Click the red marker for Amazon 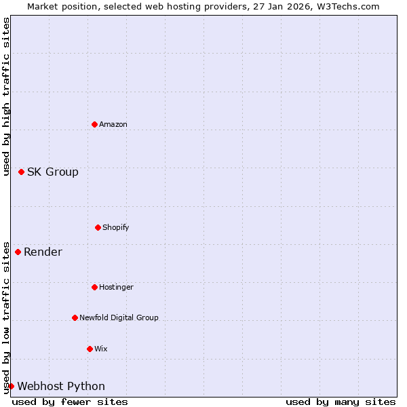(x=94, y=124)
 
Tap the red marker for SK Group (x=21, y=172)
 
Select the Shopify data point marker (x=98, y=227)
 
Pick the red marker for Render (x=18, y=252)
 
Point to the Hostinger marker (x=94, y=287)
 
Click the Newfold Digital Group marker (x=75, y=317)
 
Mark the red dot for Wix (x=90, y=349)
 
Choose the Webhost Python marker (x=11, y=386)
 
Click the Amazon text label (x=113, y=124)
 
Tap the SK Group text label (x=53, y=172)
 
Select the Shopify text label (x=116, y=227)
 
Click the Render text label (x=43, y=252)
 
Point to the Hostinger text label (x=116, y=287)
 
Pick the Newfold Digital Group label (x=119, y=317)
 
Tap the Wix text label (x=101, y=349)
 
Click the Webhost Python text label (x=61, y=386)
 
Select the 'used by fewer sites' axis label (x=70, y=402)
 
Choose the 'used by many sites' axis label (x=341, y=402)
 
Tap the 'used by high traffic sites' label (x=6, y=96)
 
